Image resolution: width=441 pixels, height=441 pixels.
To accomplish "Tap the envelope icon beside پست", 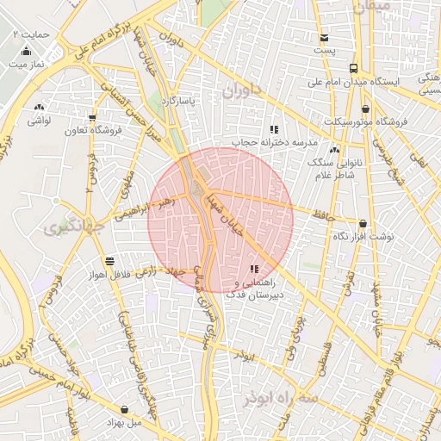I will (x=324, y=38).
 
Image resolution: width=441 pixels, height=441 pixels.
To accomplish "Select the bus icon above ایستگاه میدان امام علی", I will (x=353, y=68).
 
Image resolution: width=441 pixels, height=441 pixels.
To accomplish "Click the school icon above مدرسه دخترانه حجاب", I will (x=274, y=129).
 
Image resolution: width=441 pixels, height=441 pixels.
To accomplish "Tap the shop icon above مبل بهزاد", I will (x=126, y=410).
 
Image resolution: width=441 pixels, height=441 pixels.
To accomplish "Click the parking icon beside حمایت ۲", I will (x=17, y=34).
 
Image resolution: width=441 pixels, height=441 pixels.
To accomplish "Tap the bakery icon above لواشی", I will (x=39, y=108).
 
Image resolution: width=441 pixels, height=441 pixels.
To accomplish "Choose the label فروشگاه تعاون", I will (x=93, y=131).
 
